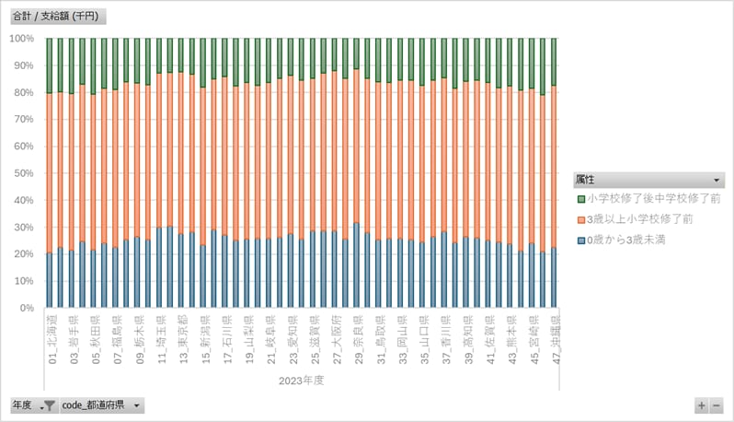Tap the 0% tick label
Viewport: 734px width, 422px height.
click(x=25, y=308)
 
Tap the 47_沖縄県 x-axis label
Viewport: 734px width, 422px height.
click(x=555, y=340)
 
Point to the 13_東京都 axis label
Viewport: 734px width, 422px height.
click(x=182, y=340)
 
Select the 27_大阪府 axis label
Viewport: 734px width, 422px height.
click(x=336, y=340)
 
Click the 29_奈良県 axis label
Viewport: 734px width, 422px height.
click(x=358, y=340)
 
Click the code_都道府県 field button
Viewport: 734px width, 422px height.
click(x=101, y=405)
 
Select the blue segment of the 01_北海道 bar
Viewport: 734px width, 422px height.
click(x=50, y=280)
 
